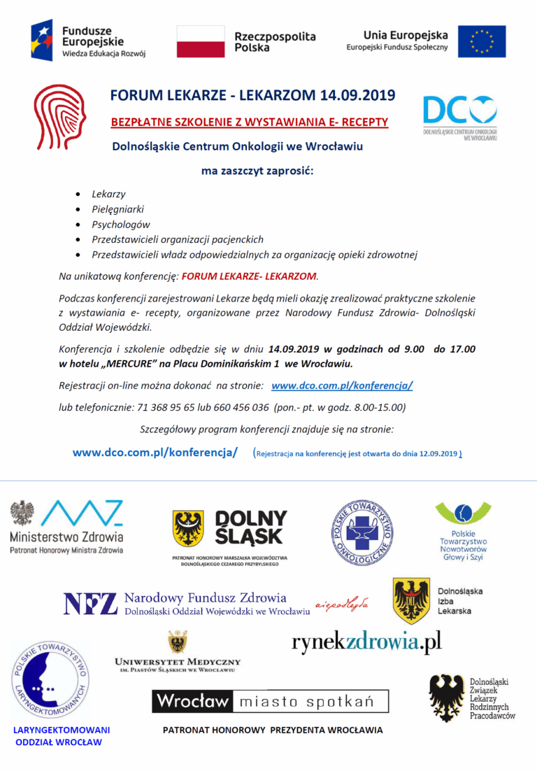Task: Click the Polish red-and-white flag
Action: pos(201,41)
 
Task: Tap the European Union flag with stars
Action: pos(482,41)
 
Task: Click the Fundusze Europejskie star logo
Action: pos(44,41)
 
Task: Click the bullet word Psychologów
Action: pos(121,225)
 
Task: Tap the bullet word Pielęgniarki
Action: pos(118,209)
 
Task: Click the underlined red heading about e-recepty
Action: pos(249,122)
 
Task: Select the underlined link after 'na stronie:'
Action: pos(342,385)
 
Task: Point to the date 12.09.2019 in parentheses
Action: pos(438,453)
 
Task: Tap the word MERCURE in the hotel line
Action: pos(139,364)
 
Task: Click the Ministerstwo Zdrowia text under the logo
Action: pos(66,537)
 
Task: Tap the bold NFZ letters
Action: pos(90,603)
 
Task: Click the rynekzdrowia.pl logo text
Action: pos(366,642)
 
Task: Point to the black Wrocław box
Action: pos(193,701)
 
